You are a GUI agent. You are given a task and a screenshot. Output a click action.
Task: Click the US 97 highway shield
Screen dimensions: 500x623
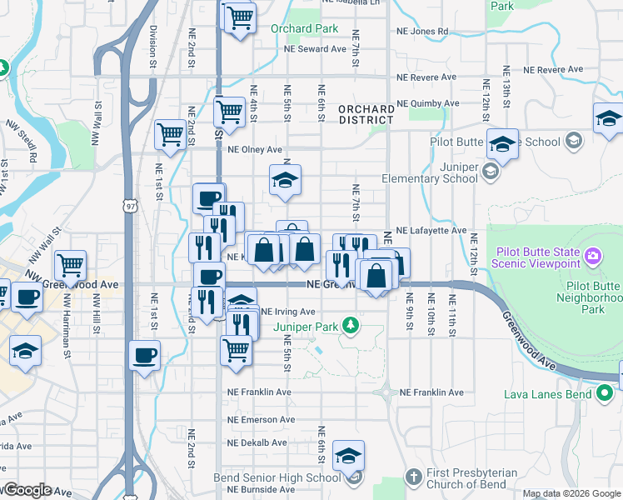pyautogui.click(x=130, y=204)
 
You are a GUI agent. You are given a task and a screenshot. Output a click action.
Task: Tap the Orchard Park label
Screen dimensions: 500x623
pyautogui.click(x=304, y=28)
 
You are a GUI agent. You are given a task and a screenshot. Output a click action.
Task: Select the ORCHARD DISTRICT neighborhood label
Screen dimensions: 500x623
pyautogui.click(x=366, y=114)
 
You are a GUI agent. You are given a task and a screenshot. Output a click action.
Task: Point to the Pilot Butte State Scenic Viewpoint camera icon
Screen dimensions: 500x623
pyautogui.click(x=592, y=254)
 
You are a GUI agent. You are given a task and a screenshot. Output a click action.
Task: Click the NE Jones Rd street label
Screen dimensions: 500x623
pyautogui.click(x=423, y=32)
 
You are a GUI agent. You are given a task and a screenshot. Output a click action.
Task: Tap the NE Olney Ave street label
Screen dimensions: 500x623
pyautogui.click(x=255, y=150)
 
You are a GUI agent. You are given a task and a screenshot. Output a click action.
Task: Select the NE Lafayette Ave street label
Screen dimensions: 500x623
pyautogui.click(x=431, y=229)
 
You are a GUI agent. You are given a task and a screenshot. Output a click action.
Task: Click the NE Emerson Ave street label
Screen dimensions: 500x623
pyautogui.click(x=260, y=419)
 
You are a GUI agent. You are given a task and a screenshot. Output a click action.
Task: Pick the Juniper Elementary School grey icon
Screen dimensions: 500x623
pyautogui.click(x=491, y=172)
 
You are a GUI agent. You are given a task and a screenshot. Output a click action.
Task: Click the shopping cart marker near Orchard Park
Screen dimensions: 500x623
pyautogui.click(x=240, y=17)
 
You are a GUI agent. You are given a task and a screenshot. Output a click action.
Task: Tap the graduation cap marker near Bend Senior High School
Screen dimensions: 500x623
pyautogui.click(x=348, y=455)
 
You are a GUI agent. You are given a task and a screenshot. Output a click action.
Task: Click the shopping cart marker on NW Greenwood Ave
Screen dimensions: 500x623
pyautogui.click(x=71, y=266)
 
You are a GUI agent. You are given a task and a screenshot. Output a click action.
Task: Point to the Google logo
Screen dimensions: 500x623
pyautogui.click(x=27, y=490)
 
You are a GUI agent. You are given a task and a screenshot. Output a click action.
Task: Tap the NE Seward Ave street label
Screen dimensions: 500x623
pyautogui.click(x=315, y=49)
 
